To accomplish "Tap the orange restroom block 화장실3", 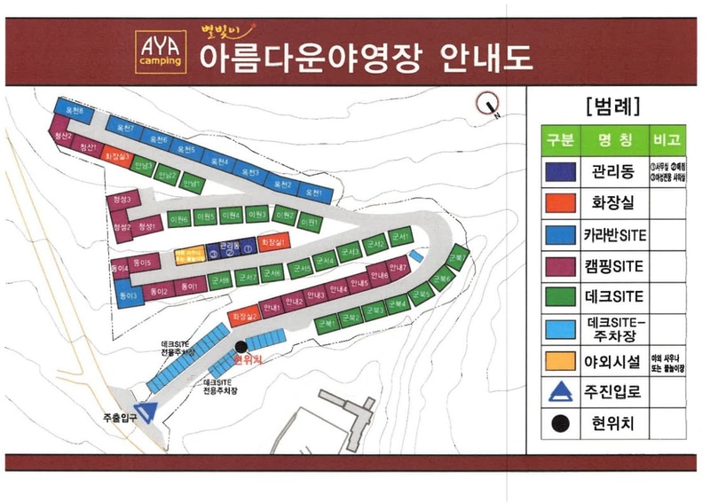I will [117, 155].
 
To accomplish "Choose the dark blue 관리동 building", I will [230, 246].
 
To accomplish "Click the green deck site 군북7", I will [458, 258].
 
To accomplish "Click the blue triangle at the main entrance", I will [148, 409].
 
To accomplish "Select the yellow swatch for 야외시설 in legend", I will [557, 361].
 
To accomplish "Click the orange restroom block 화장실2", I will [243, 316].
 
